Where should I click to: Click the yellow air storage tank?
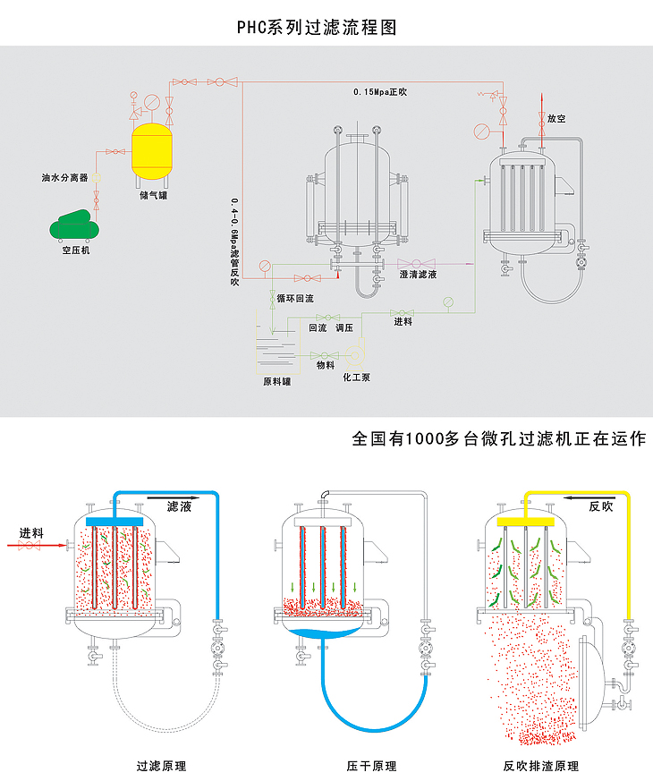152,151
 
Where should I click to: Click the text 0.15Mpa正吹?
379,92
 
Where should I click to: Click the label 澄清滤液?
418,275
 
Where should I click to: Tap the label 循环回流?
294,297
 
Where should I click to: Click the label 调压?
344,328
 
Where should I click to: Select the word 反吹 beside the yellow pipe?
601,505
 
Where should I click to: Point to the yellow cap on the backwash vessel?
528,520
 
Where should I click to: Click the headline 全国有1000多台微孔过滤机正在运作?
499,439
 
